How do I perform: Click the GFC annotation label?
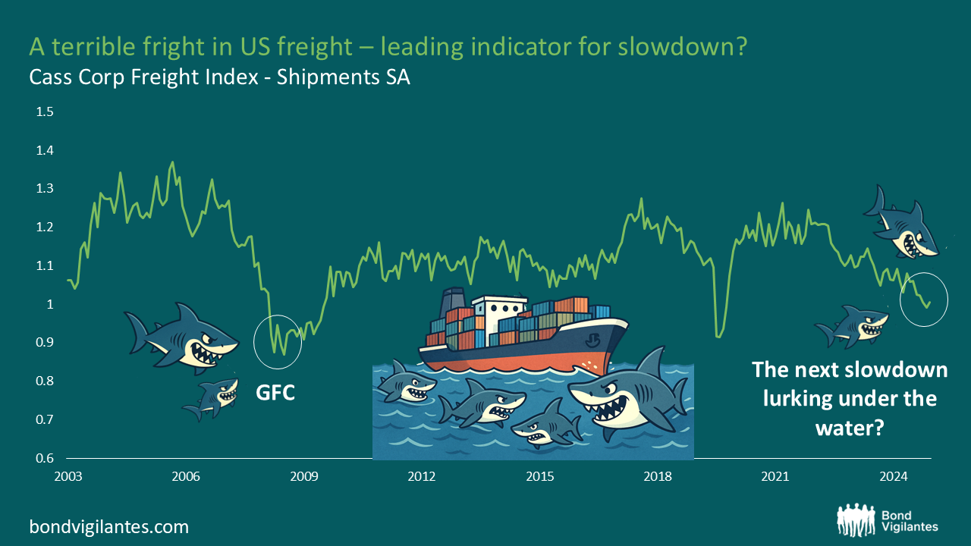point(275,393)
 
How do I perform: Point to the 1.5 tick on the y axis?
point(45,112)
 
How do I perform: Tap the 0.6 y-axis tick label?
point(45,458)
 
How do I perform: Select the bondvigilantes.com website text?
point(109,526)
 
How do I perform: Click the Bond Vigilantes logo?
point(888,519)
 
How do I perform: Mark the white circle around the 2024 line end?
point(924,300)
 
